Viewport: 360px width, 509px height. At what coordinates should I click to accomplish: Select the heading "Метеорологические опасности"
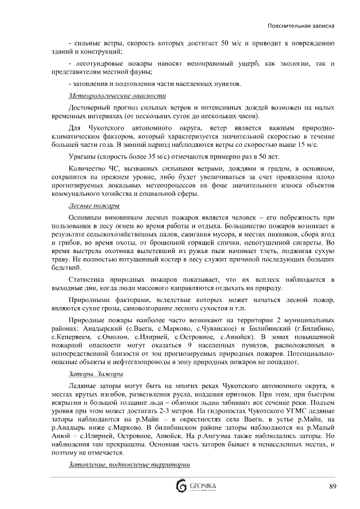(110, 96)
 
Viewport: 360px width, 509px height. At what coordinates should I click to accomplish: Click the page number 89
(333, 487)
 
